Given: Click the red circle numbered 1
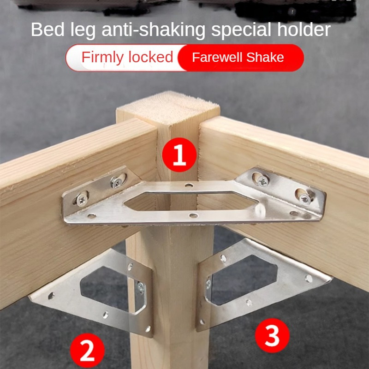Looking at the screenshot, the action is (179, 155).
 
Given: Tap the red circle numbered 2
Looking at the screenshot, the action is (87, 351).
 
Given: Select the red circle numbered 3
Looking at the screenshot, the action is (272, 335).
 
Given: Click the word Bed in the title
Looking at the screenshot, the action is (48, 30).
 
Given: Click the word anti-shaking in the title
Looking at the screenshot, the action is (154, 30).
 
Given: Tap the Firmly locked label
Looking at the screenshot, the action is (127, 57).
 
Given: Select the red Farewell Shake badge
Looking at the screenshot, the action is (240, 58).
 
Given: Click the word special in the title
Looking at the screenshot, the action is (241, 30).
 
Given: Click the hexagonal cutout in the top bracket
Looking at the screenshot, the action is (191, 201).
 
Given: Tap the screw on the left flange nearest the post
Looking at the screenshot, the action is (117, 182).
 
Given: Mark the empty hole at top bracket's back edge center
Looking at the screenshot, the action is (189, 185).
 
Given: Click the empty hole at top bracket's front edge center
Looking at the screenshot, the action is (193, 215).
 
